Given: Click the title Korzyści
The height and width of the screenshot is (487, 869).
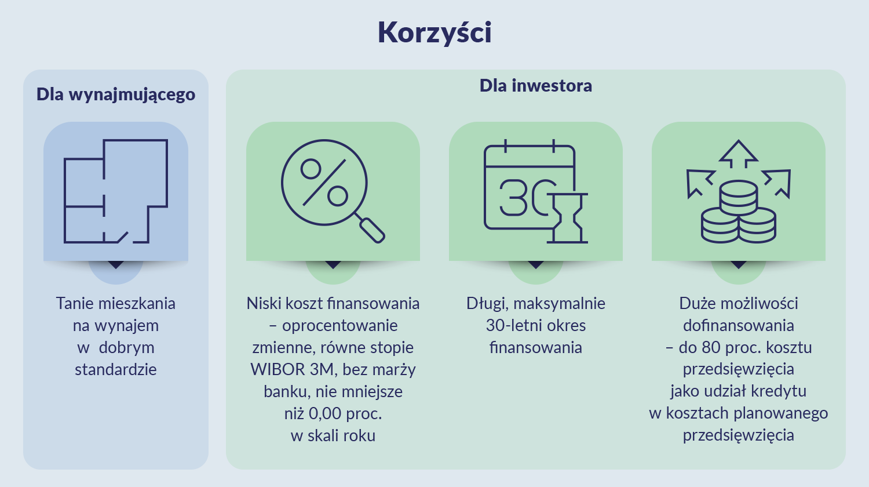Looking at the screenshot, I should (x=434, y=32).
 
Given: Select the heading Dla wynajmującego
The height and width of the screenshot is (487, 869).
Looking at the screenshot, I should (x=116, y=95).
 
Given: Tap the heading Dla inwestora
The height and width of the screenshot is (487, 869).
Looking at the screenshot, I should (x=535, y=86).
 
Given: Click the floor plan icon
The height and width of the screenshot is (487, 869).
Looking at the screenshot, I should (x=116, y=191).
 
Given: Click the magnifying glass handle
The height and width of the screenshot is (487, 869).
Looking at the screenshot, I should (x=371, y=229).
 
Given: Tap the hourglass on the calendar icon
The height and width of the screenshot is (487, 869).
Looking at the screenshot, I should (x=569, y=218).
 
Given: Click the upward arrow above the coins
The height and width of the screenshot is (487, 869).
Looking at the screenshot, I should (x=738, y=154).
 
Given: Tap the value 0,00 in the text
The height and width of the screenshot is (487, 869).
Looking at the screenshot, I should (x=325, y=413).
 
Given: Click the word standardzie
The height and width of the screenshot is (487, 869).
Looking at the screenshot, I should (x=116, y=369).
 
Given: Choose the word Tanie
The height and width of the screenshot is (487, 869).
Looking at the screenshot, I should (x=75, y=303).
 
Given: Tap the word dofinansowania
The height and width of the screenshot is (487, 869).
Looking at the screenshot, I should (x=738, y=325).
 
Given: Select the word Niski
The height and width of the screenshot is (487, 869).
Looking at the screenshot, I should (x=264, y=303).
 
